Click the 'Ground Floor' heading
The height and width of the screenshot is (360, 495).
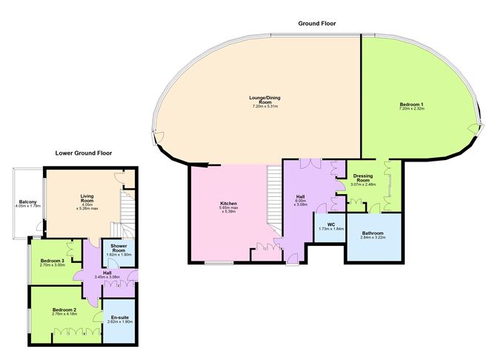coord(317,24)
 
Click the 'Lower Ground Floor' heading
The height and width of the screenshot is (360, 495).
coord(84,153)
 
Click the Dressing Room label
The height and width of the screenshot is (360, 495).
coord(363,178)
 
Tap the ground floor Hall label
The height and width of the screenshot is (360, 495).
coord(300,196)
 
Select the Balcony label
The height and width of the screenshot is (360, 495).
coord(28,201)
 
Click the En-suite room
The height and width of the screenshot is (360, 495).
coord(119,319)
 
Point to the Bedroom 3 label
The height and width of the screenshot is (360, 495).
coord(52,261)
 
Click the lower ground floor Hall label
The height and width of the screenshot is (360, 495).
coord(107,272)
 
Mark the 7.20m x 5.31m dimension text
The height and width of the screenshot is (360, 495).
coord(264,107)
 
